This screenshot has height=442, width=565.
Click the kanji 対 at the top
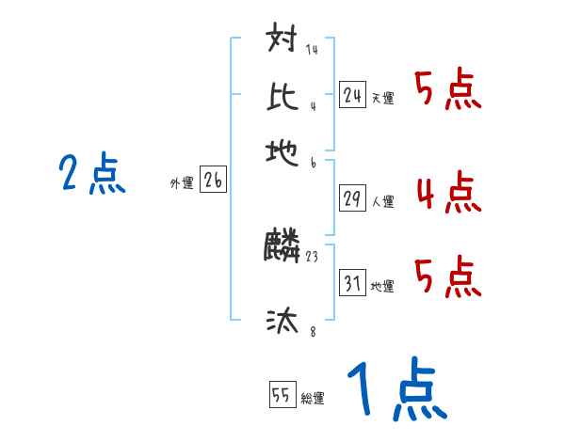coord(282,41)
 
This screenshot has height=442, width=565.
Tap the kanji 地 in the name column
coord(282,150)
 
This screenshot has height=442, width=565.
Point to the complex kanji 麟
coord(282,247)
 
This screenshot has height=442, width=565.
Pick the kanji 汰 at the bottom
coord(282,322)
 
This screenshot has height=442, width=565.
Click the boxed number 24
coord(352,95)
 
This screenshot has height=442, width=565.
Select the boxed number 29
coord(352,198)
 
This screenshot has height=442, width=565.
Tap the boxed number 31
coord(352,284)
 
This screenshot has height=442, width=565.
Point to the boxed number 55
coord(280,396)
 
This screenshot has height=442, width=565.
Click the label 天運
coord(382,98)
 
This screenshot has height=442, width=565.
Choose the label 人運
coord(382,201)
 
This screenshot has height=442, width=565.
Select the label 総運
coord(312,399)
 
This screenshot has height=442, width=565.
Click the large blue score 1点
coord(395,391)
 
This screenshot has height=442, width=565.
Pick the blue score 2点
coord(91,175)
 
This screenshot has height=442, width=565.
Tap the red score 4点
coord(447,192)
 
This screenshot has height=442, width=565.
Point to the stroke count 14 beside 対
coord(312,50)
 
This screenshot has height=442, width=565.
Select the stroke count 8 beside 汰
coord(312,332)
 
